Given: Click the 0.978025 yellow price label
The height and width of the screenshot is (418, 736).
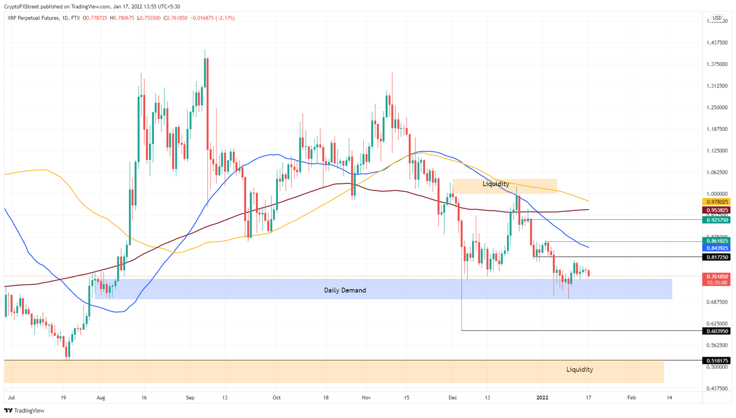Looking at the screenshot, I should tap(716, 202).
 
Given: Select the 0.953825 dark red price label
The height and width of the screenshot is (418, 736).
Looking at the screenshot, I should tap(716, 210).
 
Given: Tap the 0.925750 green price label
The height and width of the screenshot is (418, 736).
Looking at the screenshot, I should tap(716, 220).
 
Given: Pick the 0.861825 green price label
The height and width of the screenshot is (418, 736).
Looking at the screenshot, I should tap(716, 241).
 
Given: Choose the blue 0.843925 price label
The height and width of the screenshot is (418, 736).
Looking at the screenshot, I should tap(716, 248).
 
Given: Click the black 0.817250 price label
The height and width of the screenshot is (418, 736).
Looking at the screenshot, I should tap(716, 257).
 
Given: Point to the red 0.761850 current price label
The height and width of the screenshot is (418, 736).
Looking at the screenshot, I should tap(716, 276).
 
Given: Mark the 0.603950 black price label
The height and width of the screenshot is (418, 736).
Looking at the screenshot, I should tap(716, 331).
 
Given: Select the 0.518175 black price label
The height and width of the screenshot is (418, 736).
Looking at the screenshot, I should tap(716, 361).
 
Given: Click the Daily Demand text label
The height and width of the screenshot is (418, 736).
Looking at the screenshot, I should tap(345, 290).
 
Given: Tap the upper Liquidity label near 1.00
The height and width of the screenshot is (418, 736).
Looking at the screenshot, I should tap(495, 184).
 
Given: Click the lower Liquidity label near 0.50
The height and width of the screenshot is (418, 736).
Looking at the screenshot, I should tap(579, 370).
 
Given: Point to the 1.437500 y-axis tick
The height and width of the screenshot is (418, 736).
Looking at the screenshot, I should tap(717, 43).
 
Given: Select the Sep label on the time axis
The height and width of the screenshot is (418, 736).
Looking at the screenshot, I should tap(190, 397).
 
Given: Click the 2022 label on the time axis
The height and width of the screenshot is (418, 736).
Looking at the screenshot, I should tap(542, 397).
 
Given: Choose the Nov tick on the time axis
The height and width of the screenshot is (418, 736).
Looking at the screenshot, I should tap(367, 397).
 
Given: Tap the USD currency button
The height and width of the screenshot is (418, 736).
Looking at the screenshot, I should tap(717, 18).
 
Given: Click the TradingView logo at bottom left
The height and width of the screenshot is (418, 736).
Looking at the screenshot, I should tap(24, 410).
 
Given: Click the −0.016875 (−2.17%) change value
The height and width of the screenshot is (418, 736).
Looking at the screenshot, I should tap(212, 18).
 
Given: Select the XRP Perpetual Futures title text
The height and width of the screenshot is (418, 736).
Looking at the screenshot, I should tap(33, 18).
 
